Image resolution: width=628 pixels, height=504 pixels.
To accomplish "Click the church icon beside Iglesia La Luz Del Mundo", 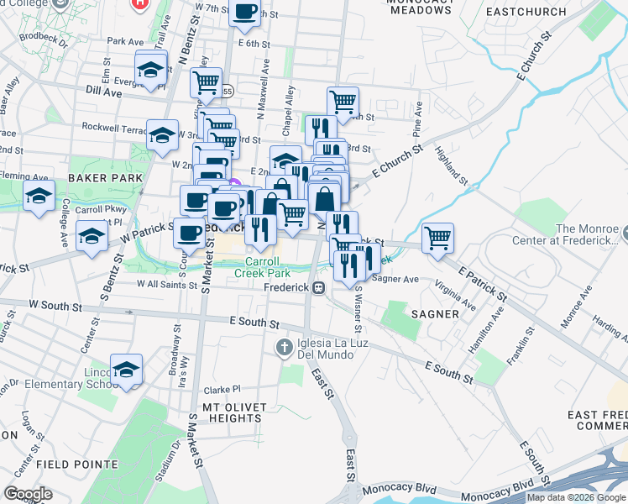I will coord(285,346).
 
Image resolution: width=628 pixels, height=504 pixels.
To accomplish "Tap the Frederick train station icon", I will coord(318,288).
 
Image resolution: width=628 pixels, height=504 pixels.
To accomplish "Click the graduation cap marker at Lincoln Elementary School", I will coord(126,369).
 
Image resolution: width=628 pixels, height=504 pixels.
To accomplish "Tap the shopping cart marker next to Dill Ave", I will coord(206,82).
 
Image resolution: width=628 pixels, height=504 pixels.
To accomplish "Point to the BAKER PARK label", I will coord(101,178).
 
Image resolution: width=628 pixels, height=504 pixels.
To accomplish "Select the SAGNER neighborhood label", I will coord(435,313).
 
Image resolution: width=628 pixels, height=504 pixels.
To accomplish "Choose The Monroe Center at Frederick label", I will coord(590,235).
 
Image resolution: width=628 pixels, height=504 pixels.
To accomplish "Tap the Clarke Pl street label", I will coord(222,390).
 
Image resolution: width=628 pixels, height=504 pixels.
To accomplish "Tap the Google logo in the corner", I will coord(28,494).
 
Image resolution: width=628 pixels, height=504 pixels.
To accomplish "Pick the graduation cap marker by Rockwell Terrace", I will coord(162,134).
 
